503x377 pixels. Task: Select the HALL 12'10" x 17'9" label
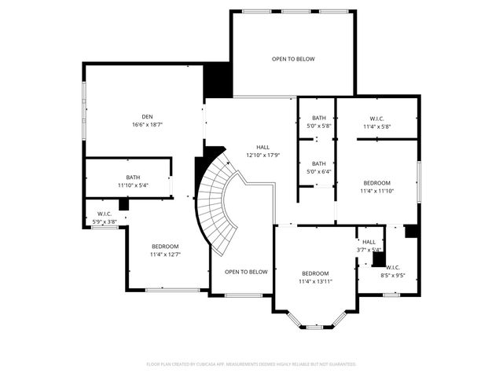pyautogui.click(x=263, y=151)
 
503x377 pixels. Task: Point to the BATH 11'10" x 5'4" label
pyautogui.click(x=132, y=181)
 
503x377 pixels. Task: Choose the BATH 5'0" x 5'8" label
pyautogui.click(x=318, y=122)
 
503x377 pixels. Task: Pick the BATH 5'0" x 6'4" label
pyautogui.click(x=318, y=167)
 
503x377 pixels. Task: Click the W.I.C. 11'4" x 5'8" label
pyautogui.click(x=376, y=123)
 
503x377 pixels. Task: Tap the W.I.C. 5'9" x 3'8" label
pyautogui.click(x=105, y=218)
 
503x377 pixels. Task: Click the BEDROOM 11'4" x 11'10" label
pyautogui.click(x=376, y=186)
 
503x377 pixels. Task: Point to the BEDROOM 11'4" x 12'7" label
pyautogui.click(x=165, y=250)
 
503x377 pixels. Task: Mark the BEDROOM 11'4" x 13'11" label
pyautogui.click(x=314, y=277)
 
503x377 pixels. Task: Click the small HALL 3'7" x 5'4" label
pyautogui.click(x=369, y=246)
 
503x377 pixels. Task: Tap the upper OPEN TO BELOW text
pyautogui.click(x=293, y=59)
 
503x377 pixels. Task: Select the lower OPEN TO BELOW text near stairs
pyautogui.click(x=246, y=272)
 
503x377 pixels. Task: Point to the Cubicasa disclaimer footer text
pyautogui.click(x=251, y=364)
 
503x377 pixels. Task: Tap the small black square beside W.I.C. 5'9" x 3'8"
pyautogui.click(x=123, y=204)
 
